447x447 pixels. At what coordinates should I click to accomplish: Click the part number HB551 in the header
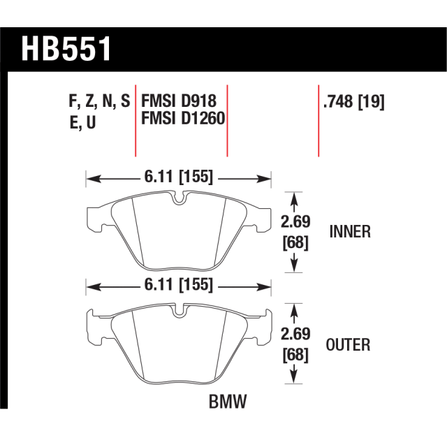(67, 48)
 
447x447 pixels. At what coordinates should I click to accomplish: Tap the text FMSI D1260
(182, 119)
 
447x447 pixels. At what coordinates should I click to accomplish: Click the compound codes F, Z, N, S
(99, 101)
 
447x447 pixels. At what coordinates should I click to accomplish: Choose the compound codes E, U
(83, 120)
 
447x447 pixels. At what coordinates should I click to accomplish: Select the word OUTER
(348, 344)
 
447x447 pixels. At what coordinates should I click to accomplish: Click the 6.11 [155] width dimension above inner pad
(179, 177)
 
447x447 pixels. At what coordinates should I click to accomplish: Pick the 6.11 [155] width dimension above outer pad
(179, 286)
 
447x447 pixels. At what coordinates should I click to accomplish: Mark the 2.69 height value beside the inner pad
(294, 223)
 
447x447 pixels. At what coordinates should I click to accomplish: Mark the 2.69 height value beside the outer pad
(294, 336)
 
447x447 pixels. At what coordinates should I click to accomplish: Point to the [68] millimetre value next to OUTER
(294, 355)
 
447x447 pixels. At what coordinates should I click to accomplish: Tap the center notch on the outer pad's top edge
(178, 311)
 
